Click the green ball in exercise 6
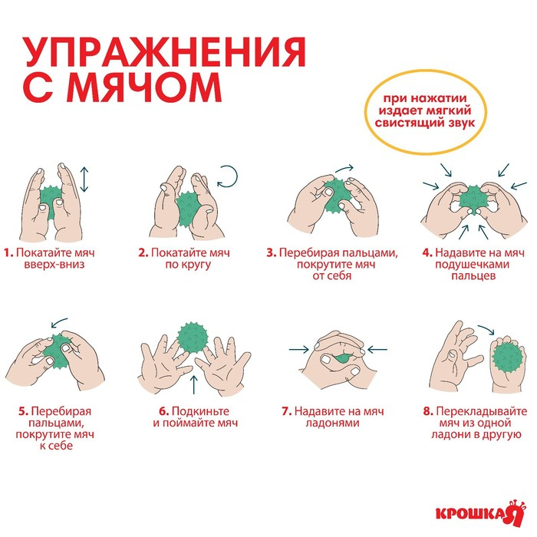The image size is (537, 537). (x=192, y=338)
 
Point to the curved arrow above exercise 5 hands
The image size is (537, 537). (x=58, y=324)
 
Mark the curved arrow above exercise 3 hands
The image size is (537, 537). (x=344, y=167)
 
